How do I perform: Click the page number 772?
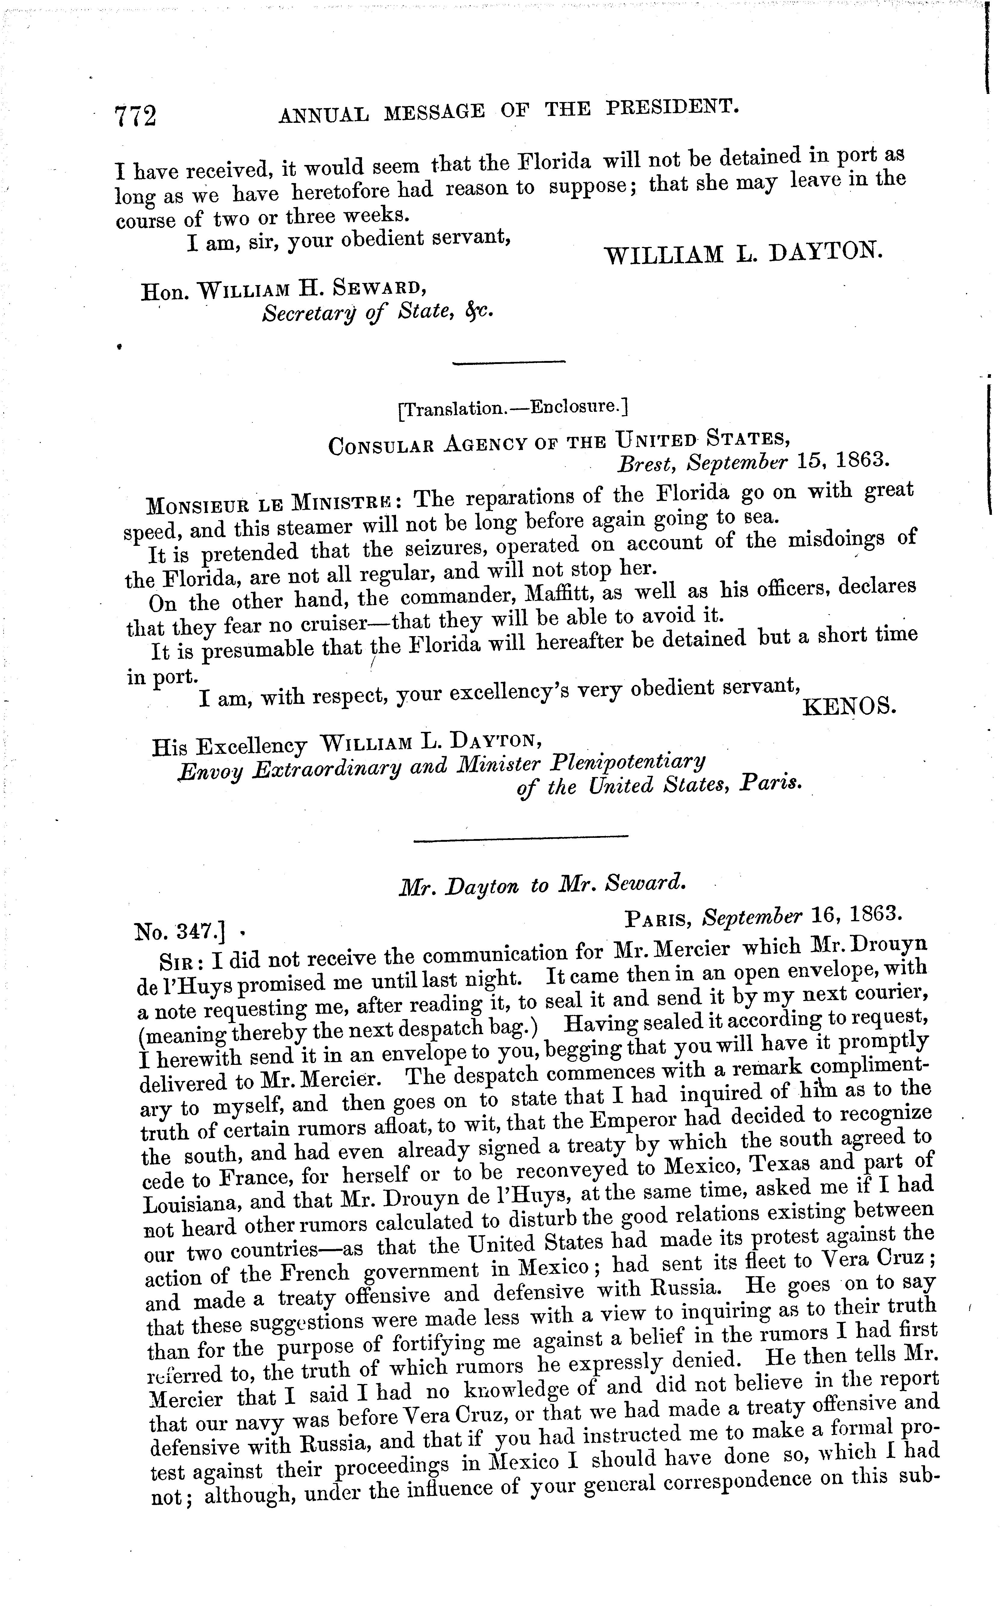coord(136,117)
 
